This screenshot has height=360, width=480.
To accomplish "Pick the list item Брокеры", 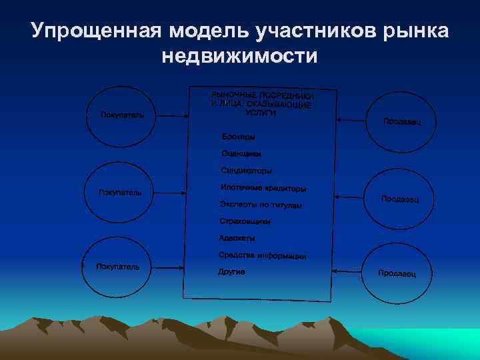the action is [238, 137].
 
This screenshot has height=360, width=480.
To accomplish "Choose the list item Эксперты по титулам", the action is [261, 204].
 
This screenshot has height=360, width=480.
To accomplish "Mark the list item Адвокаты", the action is [237, 238].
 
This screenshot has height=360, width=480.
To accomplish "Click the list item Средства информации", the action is [262, 255].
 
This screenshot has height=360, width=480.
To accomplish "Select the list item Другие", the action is [232, 272].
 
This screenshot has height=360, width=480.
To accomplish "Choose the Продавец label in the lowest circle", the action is [397, 273].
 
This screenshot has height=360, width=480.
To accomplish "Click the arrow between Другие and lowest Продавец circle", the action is [346, 271].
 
